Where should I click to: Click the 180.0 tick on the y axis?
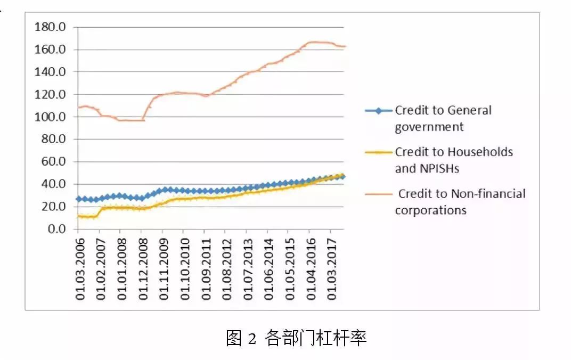[x=50, y=27]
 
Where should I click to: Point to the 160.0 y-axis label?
[x=50, y=50]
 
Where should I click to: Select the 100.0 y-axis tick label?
[x=50, y=117]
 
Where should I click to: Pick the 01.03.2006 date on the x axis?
[x=80, y=266]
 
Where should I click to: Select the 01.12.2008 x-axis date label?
[x=143, y=266]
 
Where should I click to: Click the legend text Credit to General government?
[x=443, y=118]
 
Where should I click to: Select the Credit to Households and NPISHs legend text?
[x=453, y=160]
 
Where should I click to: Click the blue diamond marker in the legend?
[x=378, y=111]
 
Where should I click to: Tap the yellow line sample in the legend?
[x=378, y=152]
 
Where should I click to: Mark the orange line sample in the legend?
[x=378, y=194]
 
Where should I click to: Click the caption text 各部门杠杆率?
[x=315, y=338]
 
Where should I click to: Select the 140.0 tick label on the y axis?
[x=50, y=72]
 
